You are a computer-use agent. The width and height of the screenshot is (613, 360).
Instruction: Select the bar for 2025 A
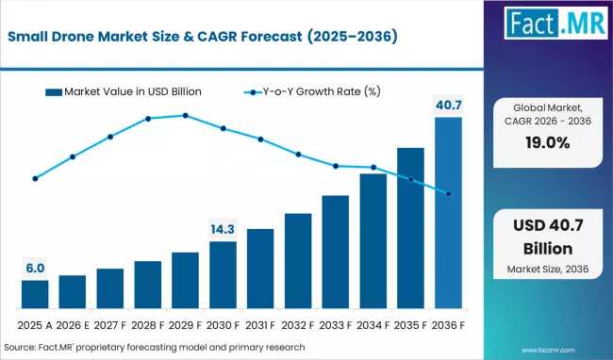pyautogui.click(x=35, y=295)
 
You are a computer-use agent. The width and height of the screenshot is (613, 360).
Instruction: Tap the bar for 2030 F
pyautogui.click(x=223, y=275)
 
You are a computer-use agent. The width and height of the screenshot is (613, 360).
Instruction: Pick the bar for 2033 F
pyautogui.click(x=336, y=253)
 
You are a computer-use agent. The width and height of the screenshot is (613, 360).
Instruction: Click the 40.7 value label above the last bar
pyautogui.click(x=448, y=105)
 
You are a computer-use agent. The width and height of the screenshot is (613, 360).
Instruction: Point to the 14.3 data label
pyautogui.click(x=223, y=229)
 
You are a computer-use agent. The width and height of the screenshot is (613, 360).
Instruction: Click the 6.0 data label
pyautogui.click(x=35, y=268)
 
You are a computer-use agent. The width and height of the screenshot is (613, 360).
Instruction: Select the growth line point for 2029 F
pyautogui.click(x=185, y=115)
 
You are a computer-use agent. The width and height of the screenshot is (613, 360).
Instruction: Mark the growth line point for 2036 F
pyautogui.click(x=448, y=194)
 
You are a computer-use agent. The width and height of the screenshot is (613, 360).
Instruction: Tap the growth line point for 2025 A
pyautogui.click(x=35, y=178)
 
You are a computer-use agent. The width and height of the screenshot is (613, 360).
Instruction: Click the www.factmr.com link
pyautogui.click(x=568, y=347)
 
